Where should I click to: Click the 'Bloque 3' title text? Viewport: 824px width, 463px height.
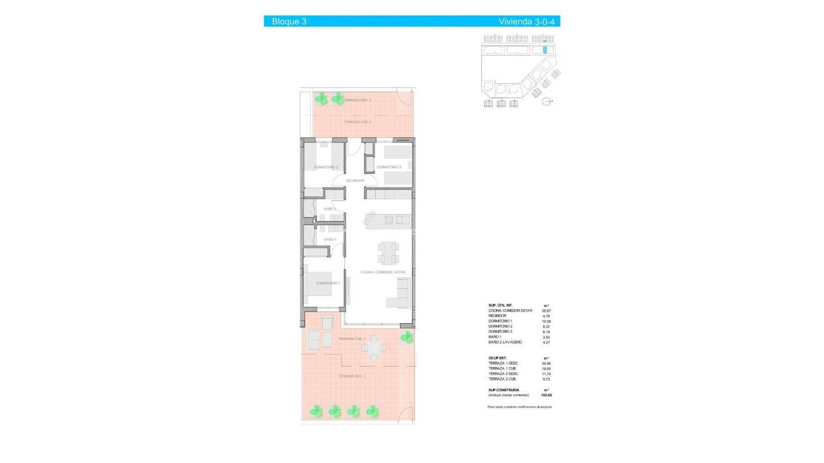[x=289, y=22]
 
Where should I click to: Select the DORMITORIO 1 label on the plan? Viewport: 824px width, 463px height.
[x=328, y=283]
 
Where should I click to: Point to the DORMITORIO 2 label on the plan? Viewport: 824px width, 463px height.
[x=326, y=167]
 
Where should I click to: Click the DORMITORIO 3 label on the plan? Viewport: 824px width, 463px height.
[x=389, y=167]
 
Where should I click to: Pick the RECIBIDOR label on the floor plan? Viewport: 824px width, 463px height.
[x=355, y=180]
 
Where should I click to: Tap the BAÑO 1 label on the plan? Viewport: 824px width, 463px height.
[x=329, y=239]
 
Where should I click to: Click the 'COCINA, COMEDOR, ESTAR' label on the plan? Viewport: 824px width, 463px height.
[x=382, y=272]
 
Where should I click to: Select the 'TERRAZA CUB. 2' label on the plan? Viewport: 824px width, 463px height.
[x=357, y=122]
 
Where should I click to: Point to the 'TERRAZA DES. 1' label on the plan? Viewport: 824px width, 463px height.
[x=352, y=376]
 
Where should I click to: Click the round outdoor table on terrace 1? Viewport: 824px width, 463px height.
[x=373, y=348]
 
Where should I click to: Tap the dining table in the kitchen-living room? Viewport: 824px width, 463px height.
[x=387, y=252]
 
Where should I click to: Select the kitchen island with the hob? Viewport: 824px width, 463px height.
[x=387, y=220]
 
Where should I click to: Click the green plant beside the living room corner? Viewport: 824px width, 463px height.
[x=408, y=338]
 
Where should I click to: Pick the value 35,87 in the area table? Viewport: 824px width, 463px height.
[x=547, y=310]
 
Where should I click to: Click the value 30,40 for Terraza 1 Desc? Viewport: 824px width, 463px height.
[x=547, y=364]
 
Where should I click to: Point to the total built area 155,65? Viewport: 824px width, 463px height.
[x=547, y=395]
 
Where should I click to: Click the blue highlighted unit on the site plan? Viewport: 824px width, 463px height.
[x=546, y=51]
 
